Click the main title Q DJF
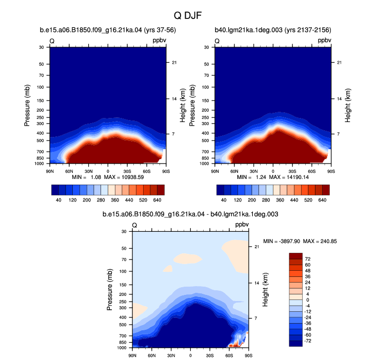point(188,15)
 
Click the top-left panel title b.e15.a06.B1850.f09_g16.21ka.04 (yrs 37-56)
point(108,30)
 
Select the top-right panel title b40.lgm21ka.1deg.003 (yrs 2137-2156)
point(273,30)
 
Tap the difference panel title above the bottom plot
point(190,214)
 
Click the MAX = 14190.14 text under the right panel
point(289,177)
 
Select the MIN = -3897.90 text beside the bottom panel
point(282,241)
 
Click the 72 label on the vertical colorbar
point(308,259)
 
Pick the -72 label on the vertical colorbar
point(307,341)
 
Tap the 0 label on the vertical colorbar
point(308,300)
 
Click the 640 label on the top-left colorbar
point(157,200)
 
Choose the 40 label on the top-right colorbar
point(224,200)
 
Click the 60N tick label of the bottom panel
point(151,355)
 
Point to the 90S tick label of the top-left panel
point(166,171)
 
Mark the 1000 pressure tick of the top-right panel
point(204,164)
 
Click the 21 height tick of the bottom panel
point(256,247)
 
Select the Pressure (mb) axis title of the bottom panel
point(109,290)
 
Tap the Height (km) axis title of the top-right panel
point(347,106)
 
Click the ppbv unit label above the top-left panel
point(159,41)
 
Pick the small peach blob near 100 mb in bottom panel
point(168,269)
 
